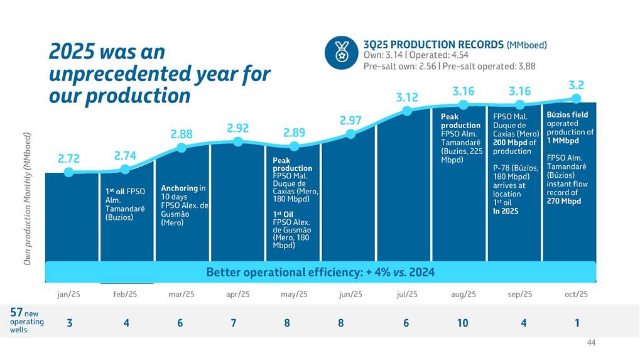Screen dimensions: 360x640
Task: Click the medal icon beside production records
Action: coord(341,52)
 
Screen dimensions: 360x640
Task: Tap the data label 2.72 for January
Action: coord(69,158)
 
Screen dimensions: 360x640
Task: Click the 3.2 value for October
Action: coord(577,85)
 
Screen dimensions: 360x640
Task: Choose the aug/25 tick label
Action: coord(464,294)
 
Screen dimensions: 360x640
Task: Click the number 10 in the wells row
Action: coord(463,323)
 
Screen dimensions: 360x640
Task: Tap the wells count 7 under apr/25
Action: coord(234,323)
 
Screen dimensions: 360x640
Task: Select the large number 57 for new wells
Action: coord(17,312)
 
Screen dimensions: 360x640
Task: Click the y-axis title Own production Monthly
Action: coord(28,198)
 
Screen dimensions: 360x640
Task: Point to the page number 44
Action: coord(590,342)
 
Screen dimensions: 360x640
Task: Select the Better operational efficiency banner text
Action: coord(320,273)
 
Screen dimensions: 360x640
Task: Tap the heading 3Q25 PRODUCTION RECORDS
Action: coord(434,45)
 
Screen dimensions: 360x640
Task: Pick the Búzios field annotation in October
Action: coord(567,116)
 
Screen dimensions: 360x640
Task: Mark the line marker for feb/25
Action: coord(125,169)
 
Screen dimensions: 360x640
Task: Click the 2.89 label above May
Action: coord(295,133)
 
